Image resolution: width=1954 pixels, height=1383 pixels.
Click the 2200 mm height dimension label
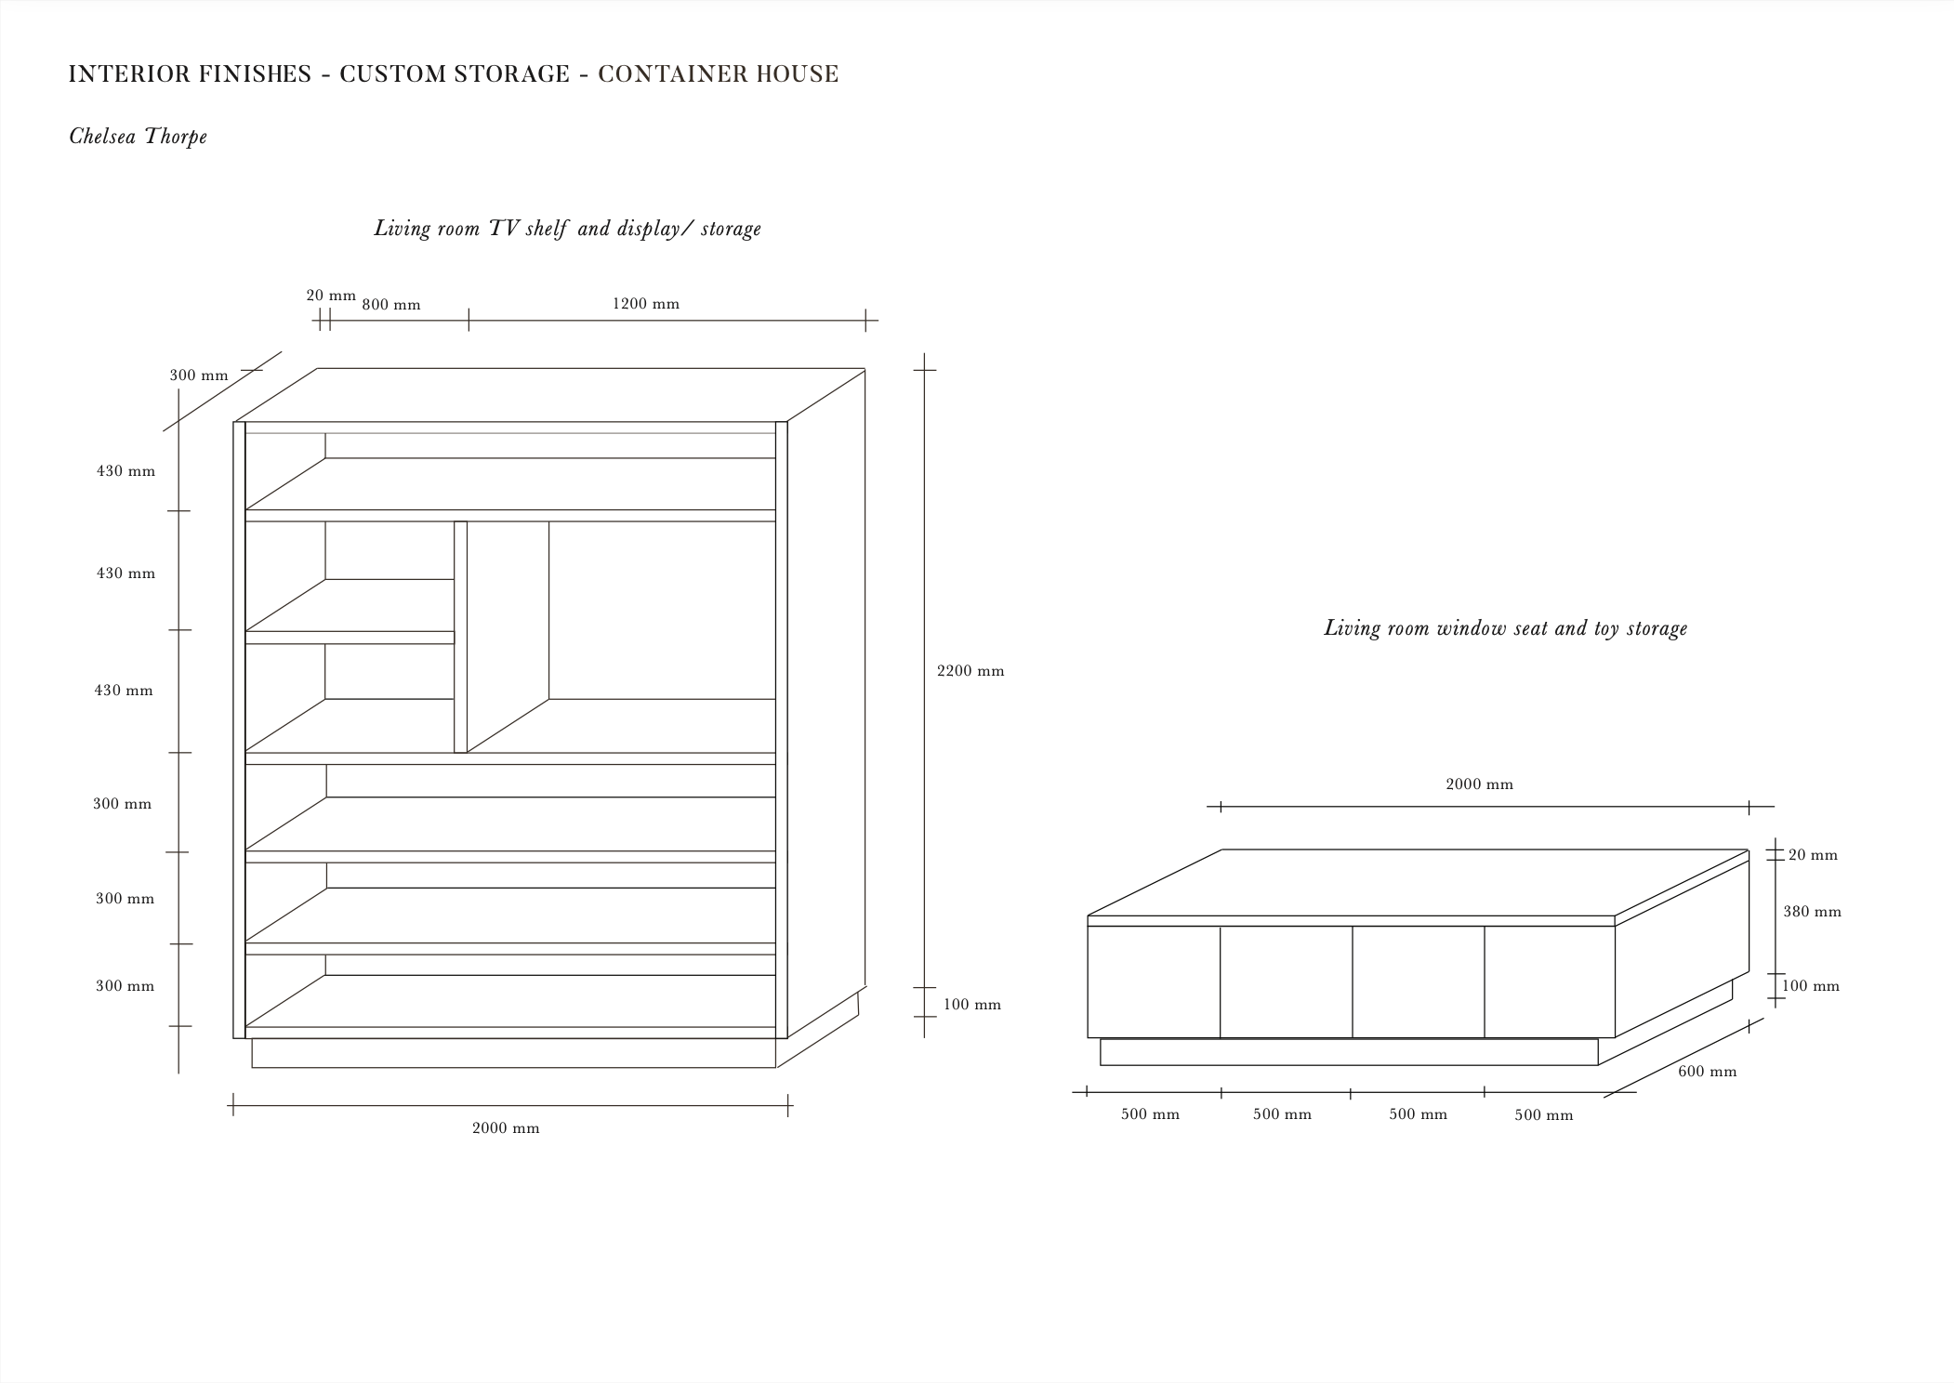click(x=970, y=671)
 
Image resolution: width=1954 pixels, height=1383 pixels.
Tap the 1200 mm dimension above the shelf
click(x=645, y=304)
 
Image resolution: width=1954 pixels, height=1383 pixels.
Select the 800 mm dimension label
click(x=390, y=305)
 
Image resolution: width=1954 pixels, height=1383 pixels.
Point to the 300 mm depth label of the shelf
click(x=198, y=375)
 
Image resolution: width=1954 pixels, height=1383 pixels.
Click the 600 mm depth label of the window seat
click(x=1707, y=1072)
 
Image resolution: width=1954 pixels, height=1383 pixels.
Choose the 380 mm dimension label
click(x=1812, y=912)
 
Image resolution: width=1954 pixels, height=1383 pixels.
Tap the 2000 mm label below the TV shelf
click(x=505, y=1128)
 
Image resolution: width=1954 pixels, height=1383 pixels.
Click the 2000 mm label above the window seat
click(x=1479, y=784)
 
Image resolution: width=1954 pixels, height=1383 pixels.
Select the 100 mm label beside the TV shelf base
click(x=971, y=1005)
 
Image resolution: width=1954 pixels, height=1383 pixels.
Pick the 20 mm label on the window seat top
click(x=1813, y=855)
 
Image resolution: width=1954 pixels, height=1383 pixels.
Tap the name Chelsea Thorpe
click(x=138, y=137)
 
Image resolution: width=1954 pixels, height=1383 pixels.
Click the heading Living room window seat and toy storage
click(x=1505, y=628)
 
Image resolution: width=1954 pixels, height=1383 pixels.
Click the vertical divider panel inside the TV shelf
click(x=460, y=637)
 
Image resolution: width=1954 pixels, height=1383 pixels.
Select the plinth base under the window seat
click(x=1348, y=1051)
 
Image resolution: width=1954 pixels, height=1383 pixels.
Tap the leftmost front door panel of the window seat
click(x=1154, y=981)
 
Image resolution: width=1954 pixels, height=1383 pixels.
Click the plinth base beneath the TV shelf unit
click(x=513, y=1053)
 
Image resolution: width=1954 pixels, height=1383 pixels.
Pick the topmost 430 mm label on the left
click(x=125, y=471)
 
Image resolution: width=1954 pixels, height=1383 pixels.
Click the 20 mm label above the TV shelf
click(x=331, y=296)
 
